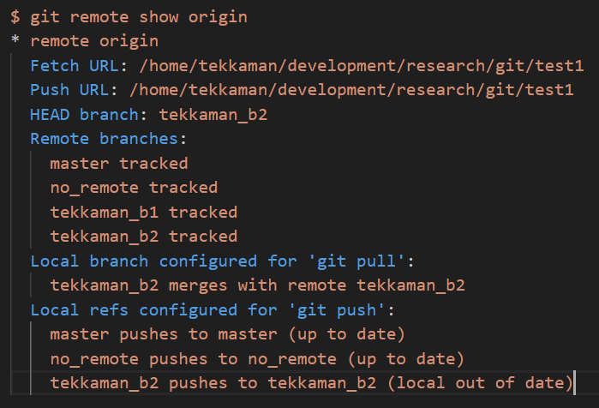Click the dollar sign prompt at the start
15,17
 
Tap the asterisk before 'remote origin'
15,41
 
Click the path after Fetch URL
356,66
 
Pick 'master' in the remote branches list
80,163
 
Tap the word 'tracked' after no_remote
183,187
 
